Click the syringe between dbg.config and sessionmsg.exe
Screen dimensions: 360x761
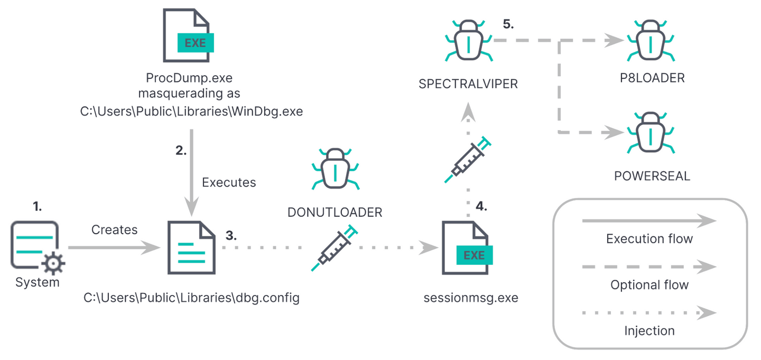[x=334, y=247]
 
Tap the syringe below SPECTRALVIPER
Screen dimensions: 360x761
[x=467, y=160]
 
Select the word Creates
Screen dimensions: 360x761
[x=114, y=230]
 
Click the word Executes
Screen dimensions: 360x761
[x=229, y=182]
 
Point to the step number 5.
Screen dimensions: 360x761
[x=508, y=25]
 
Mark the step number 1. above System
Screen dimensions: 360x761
[x=37, y=207]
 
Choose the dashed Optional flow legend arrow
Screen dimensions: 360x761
[x=649, y=267]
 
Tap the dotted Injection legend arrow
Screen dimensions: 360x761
[x=649, y=313]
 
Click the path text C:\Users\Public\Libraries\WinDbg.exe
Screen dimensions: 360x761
[x=191, y=112]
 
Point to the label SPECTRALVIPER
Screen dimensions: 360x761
[x=467, y=85]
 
